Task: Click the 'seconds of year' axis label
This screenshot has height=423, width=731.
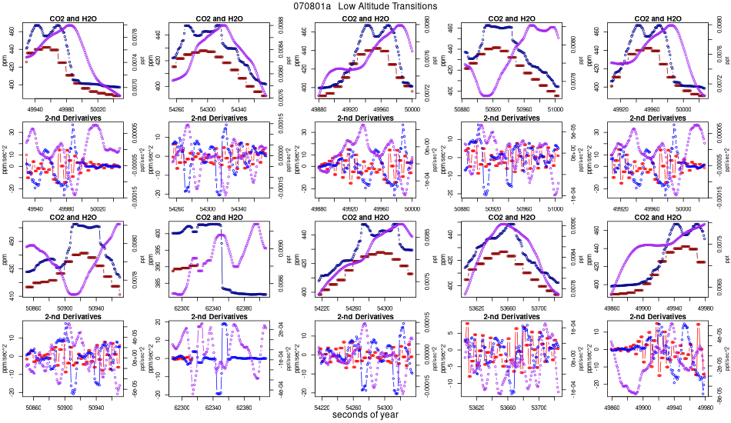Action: (x=365, y=415)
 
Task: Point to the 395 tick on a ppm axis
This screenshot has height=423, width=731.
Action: (x=159, y=250)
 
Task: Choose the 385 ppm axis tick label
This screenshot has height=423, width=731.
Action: (x=159, y=282)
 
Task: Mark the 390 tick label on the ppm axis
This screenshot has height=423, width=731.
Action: (x=159, y=266)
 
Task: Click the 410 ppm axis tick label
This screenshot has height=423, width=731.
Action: (x=12, y=295)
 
